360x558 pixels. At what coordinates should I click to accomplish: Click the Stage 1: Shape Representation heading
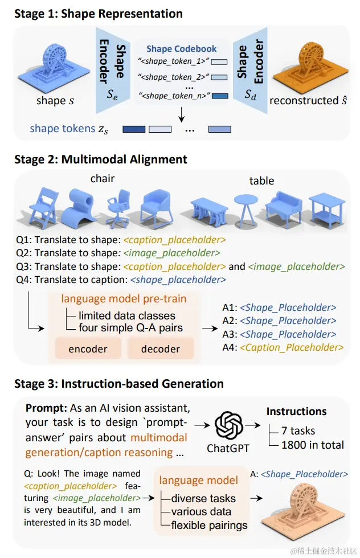point(98,14)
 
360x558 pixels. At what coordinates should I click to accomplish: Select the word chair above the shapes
point(103,179)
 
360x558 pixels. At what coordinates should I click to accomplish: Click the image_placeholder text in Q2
point(171,252)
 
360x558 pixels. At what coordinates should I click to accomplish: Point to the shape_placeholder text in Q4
point(178,280)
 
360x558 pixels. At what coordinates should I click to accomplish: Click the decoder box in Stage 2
point(160,348)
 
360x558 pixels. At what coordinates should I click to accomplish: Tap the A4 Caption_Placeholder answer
point(291,347)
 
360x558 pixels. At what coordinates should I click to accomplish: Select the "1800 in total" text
point(313,445)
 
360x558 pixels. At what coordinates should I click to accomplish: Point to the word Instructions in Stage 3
point(296,411)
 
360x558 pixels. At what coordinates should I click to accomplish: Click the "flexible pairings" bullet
point(209,524)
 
